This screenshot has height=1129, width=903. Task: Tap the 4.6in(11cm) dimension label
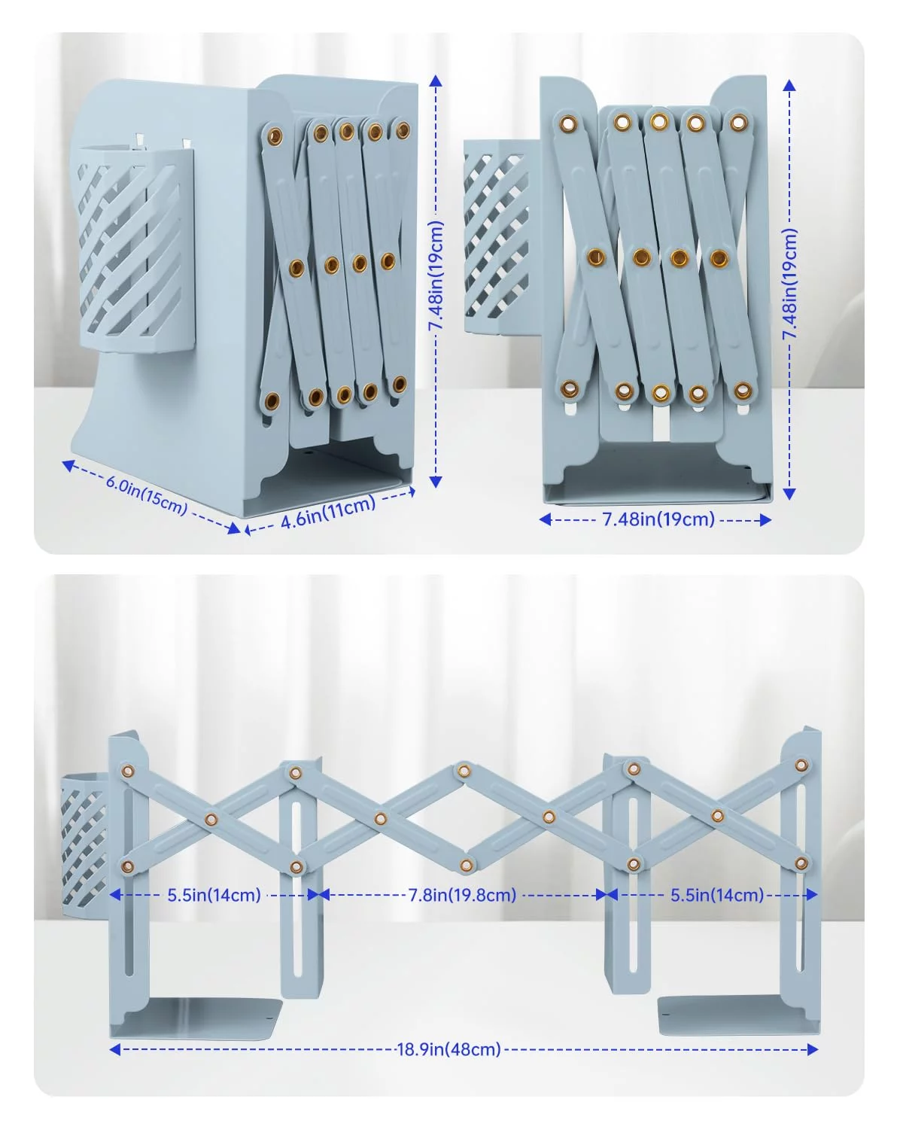(x=328, y=512)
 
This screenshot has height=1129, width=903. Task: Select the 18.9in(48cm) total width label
(x=449, y=1049)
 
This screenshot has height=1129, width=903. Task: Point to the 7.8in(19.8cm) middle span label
(x=462, y=894)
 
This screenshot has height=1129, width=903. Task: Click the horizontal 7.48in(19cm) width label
(x=658, y=519)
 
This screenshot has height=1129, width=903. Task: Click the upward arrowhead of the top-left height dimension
(x=436, y=81)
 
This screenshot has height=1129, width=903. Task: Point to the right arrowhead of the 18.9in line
(x=812, y=1050)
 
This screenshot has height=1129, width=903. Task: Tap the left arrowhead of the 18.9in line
(x=115, y=1050)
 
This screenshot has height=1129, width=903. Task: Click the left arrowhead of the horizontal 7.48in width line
(x=545, y=519)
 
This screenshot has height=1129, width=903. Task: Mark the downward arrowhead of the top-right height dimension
(x=789, y=493)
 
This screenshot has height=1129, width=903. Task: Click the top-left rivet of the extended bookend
(x=127, y=771)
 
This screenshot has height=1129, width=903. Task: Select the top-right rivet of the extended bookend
(x=801, y=765)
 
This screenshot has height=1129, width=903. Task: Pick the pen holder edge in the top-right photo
(x=497, y=236)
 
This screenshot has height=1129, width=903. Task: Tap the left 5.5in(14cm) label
(x=214, y=894)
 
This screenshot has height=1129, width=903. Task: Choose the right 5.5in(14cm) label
(x=717, y=894)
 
